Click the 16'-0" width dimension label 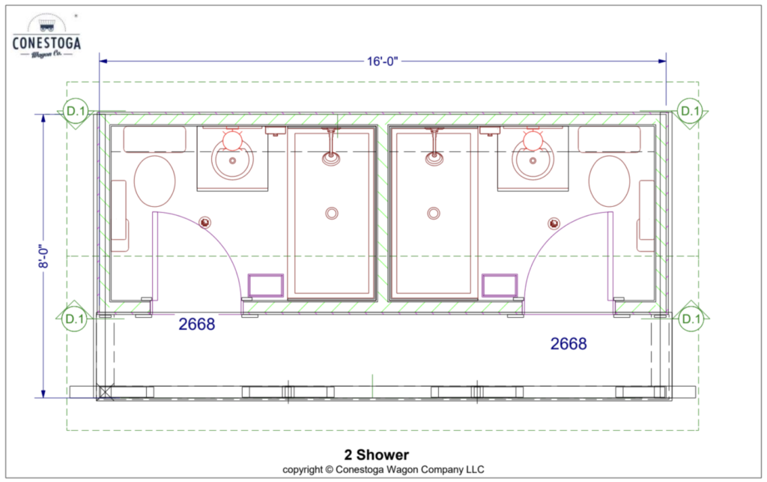click(x=383, y=61)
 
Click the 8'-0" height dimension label click(x=43, y=256)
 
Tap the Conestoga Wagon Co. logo click(x=46, y=36)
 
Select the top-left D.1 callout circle click(x=75, y=111)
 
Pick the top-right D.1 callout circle click(x=690, y=111)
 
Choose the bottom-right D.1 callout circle click(x=691, y=319)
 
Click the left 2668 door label click(x=197, y=324)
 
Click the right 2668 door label click(x=569, y=343)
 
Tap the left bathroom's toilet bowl click(x=154, y=181)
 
